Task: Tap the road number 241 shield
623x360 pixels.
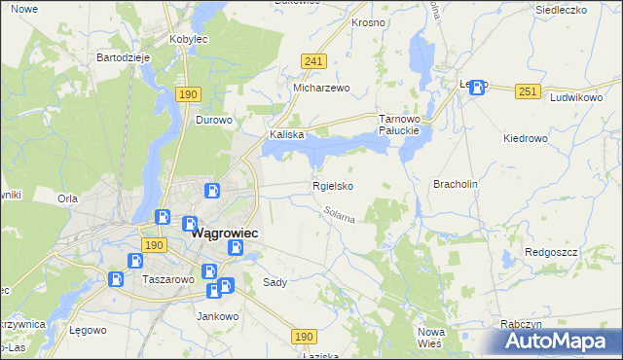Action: click(x=312, y=60)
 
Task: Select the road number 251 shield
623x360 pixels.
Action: click(x=528, y=91)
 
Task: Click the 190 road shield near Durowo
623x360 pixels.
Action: click(x=189, y=94)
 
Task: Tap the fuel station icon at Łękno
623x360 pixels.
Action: click(x=477, y=88)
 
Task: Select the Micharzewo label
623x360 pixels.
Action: click(x=321, y=87)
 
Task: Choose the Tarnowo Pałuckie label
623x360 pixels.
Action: click(x=398, y=124)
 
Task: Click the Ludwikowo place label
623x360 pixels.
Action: click(x=576, y=98)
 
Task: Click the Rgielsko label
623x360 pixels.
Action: click(x=332, y=186)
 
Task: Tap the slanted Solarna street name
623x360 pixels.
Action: click(x=340, y=214)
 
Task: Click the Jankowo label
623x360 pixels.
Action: click(x=218, y=316)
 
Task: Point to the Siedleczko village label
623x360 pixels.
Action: click(x=564, y=10)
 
